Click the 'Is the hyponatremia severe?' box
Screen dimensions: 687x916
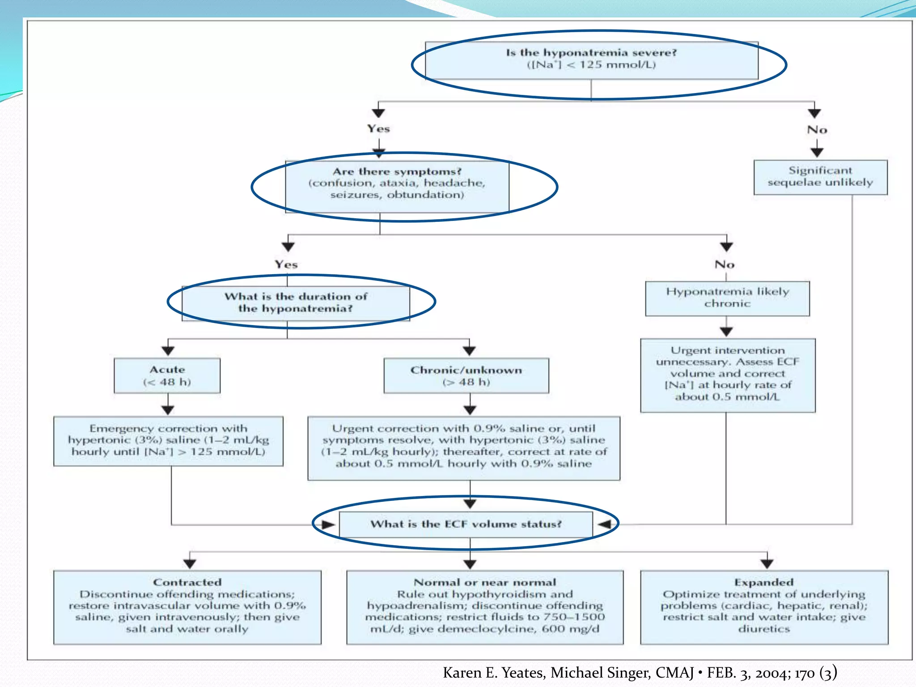(591, 60)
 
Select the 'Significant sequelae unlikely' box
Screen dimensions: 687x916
(820, 177)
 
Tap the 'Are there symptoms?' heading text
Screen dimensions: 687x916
(397, 172)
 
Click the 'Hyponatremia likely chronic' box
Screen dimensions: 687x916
(727, 298)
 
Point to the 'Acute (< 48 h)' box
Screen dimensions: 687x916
(167, 376)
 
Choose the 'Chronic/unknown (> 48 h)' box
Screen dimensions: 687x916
(466, 376)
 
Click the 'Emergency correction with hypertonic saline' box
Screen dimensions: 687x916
(168, 441)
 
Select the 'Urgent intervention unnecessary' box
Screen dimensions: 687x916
(727, 375)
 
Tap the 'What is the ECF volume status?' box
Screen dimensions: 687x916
(466, 524)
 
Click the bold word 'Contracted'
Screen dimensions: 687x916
(187, 582)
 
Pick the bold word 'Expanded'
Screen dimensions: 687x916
(763, 582)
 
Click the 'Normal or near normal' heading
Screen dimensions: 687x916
(485, 582)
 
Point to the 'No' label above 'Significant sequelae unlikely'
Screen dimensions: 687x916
(817, 130)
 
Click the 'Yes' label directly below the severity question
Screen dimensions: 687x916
(378, 129)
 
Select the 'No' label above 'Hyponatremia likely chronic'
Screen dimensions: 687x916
(724, 265)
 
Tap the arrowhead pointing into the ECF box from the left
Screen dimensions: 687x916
(329, 525)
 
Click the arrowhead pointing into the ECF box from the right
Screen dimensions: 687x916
(604, 524)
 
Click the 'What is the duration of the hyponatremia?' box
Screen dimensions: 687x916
(296, 303)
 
